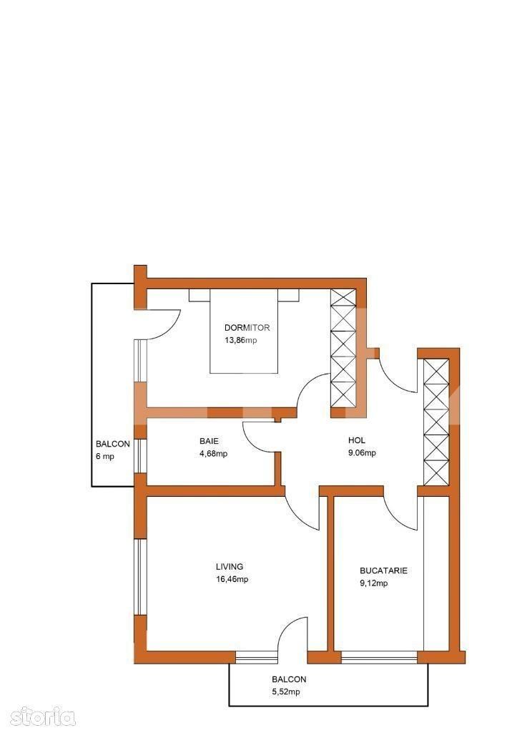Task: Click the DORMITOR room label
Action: pyautogui.click(x=246, y=327)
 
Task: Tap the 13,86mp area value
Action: pyautogui.click(x=240, y=340)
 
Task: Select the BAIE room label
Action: pyautogui.click(x=209, y=441)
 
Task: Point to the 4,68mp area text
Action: pyautogui.click(x=212, y=453)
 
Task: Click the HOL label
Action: pyautogui.click(x=357, y=441)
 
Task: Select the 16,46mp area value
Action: pyautogui.click(x=232, y=579)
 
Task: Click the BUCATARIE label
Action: pyautogui.click(x=383, y=571)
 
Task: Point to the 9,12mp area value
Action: pyautogui.click(x=373, y=583)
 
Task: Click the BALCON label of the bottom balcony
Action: pyautogui.click(x=289, y=679)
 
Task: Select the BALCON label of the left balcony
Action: pyautogui.click(x=113, y=444)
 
